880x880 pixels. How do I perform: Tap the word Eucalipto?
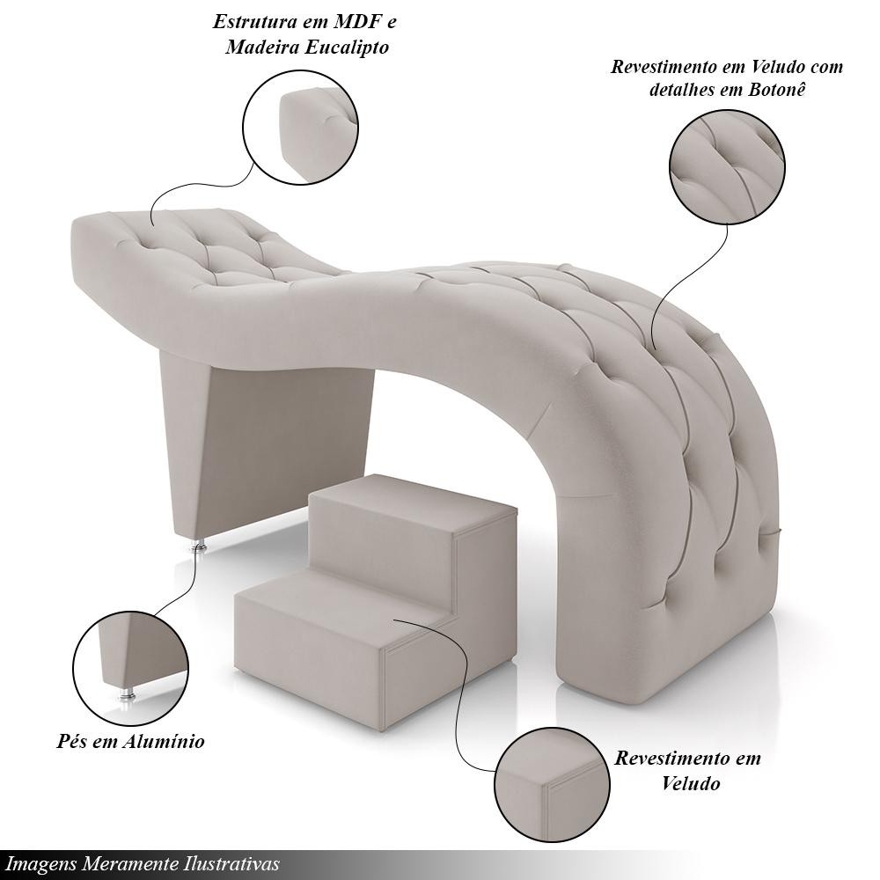point(346,47)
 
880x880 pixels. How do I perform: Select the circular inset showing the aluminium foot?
point(131,669)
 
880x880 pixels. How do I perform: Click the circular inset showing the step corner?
point(553,785)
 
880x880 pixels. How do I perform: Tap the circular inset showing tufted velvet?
point(728,167)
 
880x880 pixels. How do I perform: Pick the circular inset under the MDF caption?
point(301,127)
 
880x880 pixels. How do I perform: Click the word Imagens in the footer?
point(41,863)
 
